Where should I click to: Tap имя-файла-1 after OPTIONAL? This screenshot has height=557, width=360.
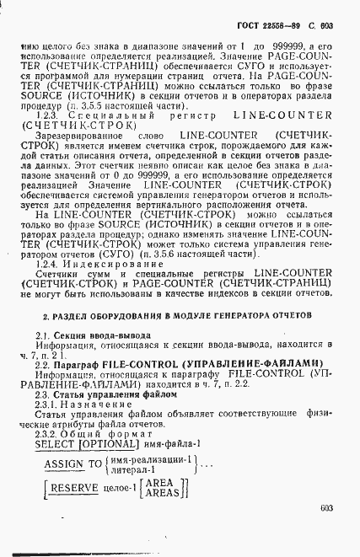[x=172, y=443]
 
